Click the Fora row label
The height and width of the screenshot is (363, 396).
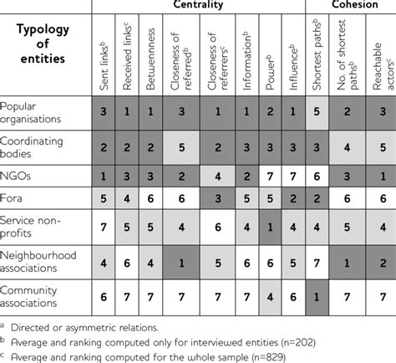click(14, 200)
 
